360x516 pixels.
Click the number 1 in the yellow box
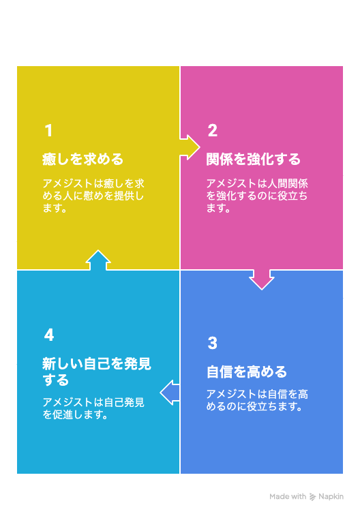pos(48,130)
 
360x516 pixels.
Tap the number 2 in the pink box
pos(213,130)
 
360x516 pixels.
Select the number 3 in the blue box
pos(213,343)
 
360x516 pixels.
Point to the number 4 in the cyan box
pos(49,335)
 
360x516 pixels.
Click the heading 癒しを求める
pos(83,160)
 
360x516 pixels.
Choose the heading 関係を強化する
pos(254,160)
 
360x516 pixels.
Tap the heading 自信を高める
pos(247,372)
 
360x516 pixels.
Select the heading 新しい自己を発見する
pos(97,372)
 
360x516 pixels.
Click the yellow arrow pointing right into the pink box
pos(190,147)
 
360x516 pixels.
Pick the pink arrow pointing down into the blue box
pos(262,279)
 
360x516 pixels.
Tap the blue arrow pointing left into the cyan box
pos(170,392)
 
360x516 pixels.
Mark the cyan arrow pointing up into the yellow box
pos(98,260)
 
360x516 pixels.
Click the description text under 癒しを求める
pos(93,196)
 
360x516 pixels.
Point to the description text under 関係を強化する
pos(257,196)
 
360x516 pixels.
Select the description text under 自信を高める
pos(257,400)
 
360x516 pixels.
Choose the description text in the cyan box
pos(93,408)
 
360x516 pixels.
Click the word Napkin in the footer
pos(331,497)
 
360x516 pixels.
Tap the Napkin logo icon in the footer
pos(313,497)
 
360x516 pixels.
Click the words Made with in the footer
pos(288,497)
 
